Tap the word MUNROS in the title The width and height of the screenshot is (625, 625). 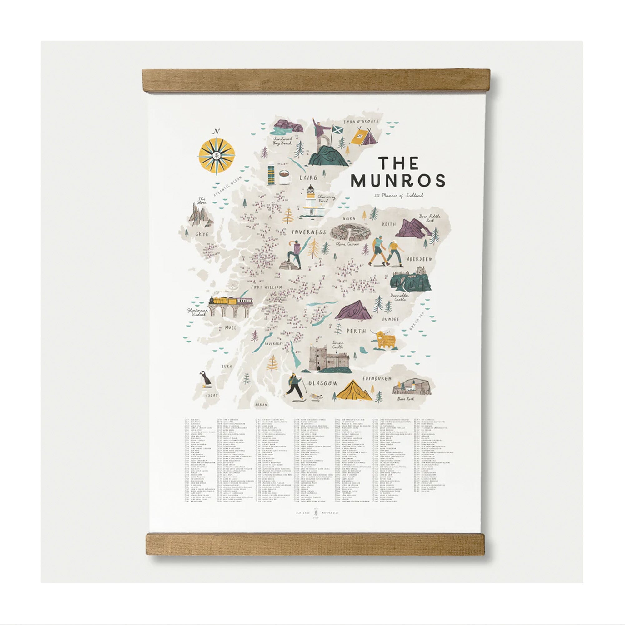coord(398,181)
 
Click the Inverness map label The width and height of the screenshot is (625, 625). coord(309,232)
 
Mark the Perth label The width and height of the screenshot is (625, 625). coord(356,331)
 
